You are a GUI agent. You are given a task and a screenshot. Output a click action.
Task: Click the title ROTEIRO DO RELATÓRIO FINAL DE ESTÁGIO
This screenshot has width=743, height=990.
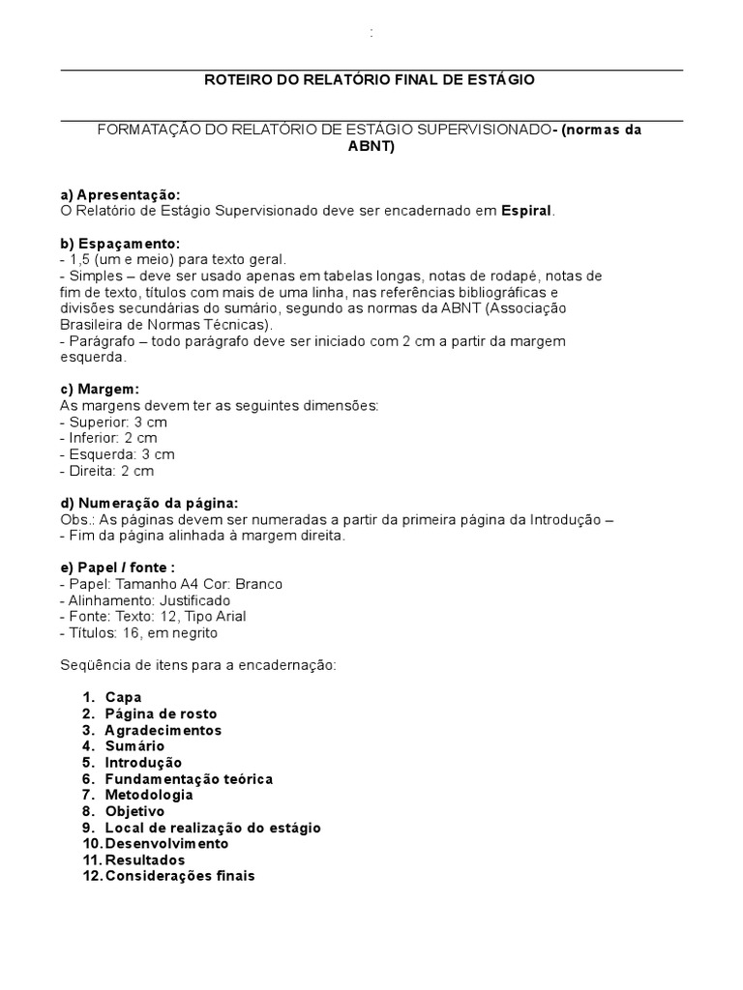[x=371, y=79]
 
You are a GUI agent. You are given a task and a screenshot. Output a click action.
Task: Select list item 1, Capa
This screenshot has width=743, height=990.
[x=123, y=697]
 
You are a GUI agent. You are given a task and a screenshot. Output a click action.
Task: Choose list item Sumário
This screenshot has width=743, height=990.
[x=134, y=746]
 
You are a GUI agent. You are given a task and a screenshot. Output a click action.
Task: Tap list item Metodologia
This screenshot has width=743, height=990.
[x=149, y=795]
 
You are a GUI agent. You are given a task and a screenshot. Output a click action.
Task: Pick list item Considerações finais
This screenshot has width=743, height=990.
[x=180, y=876]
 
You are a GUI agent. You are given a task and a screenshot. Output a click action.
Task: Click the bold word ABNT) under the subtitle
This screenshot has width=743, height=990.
[x=371, y=147]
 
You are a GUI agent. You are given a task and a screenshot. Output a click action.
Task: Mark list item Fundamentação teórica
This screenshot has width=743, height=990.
[x=189, y=778]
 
